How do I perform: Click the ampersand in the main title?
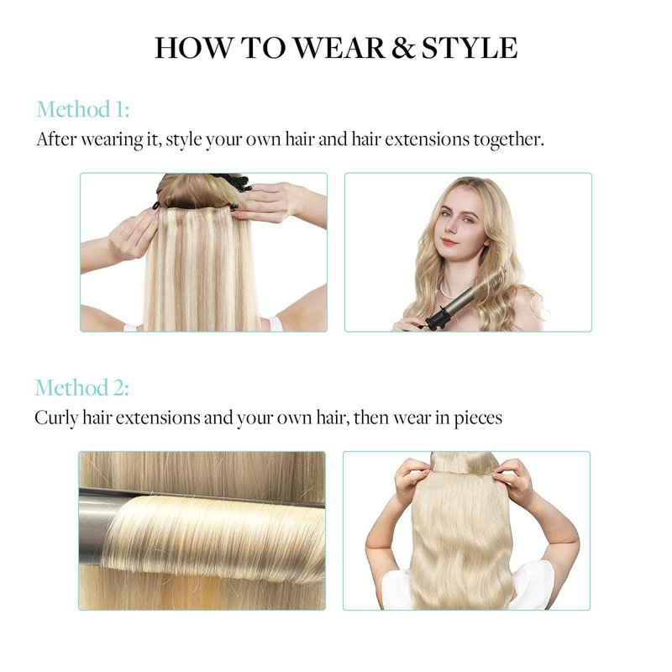pyautogui.click(x=403, y=47)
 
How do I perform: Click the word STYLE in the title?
pyautogui.click(x=470, y=47)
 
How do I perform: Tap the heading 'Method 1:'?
pyautogui.click(x=82, y=109)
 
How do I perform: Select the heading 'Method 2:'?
pyautogui.click(x=81, y=387)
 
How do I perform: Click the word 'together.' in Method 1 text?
pyautogui.click(x=509, y=139)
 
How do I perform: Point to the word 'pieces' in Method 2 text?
pyautogui.click(x=478, y=418)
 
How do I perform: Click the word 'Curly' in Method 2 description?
pyautogui.click(x=56, y=418)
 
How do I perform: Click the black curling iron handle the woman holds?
pyautogui.click(x=437, y=318)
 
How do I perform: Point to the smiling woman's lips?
pyautogui.click(x=449, y=242)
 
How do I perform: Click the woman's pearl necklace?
pyautogui.click(x=448, y=292)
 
